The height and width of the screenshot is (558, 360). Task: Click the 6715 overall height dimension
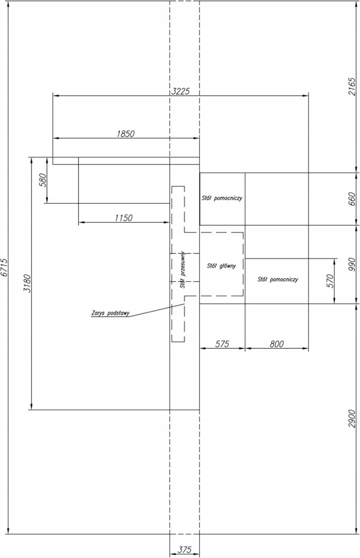pos(4,268)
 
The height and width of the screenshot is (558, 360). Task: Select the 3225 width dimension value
pos(180,91)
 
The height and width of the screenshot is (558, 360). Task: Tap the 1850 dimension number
pos(126,134)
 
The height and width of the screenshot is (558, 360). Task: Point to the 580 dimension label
pos(42,181)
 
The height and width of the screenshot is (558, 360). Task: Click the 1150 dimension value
pos(124,217)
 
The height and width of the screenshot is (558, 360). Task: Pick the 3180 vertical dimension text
pos(27,283)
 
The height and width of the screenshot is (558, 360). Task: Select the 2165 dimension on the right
pos(351,86)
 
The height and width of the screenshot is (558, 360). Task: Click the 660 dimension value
pos(351,199)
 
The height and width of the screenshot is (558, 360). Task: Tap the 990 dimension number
pos(351,265)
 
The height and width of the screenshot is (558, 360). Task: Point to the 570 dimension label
pos(330,281)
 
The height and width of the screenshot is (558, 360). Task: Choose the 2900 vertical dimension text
pos(351,419)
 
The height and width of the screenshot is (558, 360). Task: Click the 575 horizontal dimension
pos(222,344)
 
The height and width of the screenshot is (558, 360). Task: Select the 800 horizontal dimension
pos(277,344)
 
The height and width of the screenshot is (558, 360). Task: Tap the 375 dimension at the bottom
pos(184,550)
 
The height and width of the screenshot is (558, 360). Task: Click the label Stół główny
pos(221,265)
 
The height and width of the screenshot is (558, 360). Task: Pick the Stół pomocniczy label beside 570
pos(278,280)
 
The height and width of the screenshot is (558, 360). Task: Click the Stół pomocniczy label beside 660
pos(222,198)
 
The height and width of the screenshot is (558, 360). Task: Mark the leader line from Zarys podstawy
pos(156,310)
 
